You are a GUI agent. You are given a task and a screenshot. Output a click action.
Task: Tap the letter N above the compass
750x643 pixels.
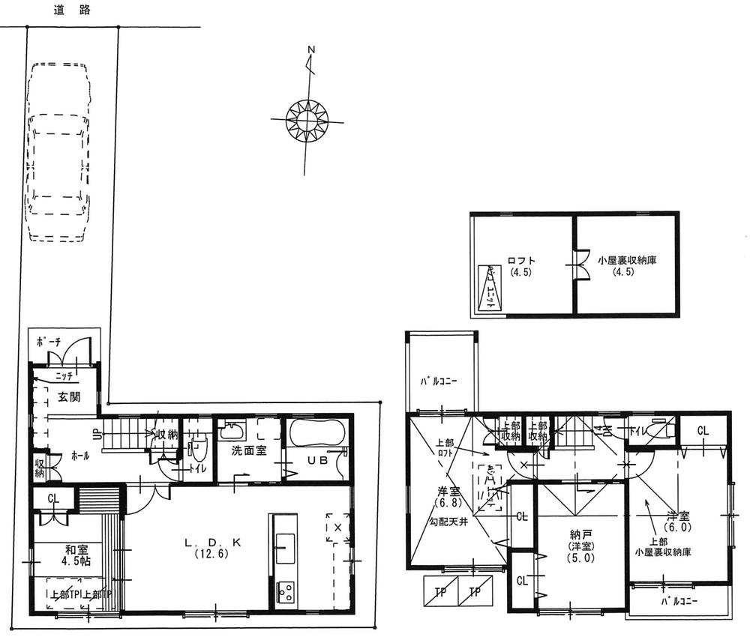(310, 51)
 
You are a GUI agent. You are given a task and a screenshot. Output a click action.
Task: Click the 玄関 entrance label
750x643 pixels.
(51, 396)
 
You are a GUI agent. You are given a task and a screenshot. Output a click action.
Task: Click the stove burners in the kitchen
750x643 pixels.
(286, 593)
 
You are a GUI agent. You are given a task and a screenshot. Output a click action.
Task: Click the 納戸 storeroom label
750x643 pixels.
(580, 537)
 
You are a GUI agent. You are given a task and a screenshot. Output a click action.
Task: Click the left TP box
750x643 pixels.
(441, 591)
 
